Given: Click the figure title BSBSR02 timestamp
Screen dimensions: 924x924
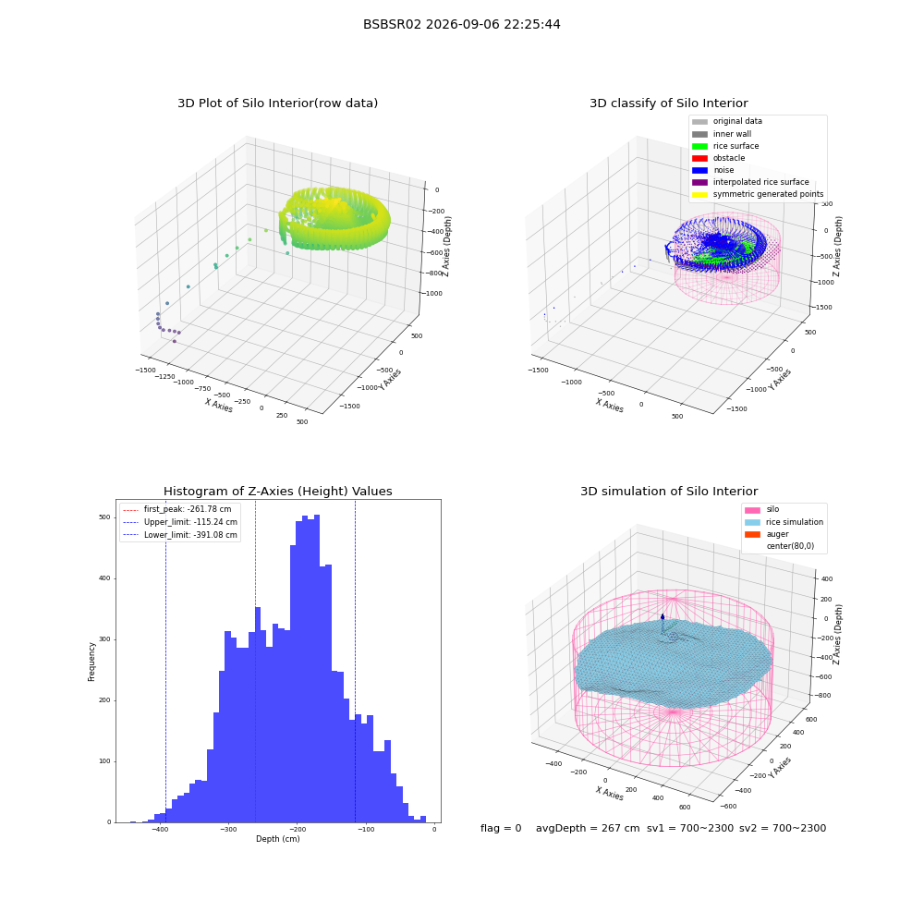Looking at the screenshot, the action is (x=461, y=24).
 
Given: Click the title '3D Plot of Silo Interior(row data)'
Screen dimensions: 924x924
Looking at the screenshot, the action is (x=277, y=103).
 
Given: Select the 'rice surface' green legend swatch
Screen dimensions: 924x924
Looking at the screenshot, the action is (x=699, y=146).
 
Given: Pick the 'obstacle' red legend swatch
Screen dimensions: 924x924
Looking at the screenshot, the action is (x=699, y=158).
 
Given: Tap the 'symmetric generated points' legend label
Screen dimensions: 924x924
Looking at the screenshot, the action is (x=769, y=194).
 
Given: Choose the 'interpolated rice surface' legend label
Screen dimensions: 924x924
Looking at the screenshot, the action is (x=760, y=182).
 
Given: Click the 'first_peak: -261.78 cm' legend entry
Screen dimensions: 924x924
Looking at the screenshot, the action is (x=177, y=509).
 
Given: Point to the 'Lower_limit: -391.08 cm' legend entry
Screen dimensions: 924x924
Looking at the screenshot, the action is (x=180, y=535).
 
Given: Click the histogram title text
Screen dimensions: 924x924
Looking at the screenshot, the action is (x=277, y=492).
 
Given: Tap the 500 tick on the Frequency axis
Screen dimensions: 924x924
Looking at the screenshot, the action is (x=104, y=517).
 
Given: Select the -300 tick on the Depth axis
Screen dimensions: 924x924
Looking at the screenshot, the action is (x=228, y=829).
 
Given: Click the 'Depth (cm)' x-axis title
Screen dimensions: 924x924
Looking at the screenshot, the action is (x=278, y=839).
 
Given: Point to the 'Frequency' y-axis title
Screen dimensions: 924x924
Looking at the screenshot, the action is (x=91, y=662).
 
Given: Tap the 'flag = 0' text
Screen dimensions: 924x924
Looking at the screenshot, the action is (x=501, y=828).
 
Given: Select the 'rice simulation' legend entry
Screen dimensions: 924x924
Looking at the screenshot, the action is (x=784, y=522).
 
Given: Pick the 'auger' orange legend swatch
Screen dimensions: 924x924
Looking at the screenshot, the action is (x=752, y=534).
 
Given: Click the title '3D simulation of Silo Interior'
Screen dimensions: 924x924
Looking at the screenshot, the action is (x=669, y=492).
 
